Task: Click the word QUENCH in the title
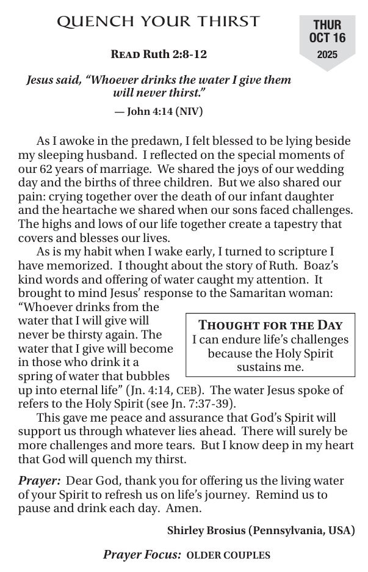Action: click(89, 22)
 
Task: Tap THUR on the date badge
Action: click(327, 25)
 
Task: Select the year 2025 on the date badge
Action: click(327, 54)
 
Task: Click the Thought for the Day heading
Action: click(270, 326)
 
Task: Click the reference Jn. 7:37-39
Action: click(176, 404)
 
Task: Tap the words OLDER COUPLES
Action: click(228, 555)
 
